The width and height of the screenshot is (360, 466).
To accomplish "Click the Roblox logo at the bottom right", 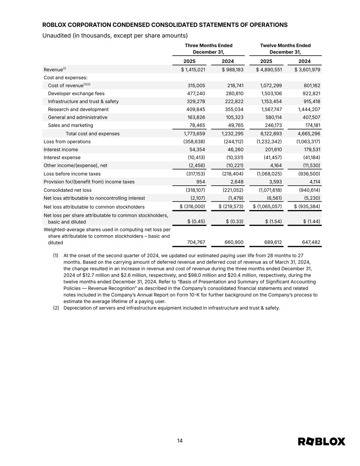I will (321, 441).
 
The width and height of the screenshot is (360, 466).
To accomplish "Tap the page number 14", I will (180, 441).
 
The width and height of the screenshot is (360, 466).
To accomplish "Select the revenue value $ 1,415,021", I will (193, 70).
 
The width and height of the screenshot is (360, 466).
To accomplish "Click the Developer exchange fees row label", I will (76, 94).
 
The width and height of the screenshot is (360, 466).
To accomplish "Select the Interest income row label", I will (61, 150).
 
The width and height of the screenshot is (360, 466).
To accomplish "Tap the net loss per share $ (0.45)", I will (196, 221).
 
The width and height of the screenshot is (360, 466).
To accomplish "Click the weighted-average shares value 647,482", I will (311, 242).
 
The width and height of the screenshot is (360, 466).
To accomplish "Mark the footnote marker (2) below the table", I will (56, 308).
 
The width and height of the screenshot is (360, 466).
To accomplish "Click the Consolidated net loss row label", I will (68, 190).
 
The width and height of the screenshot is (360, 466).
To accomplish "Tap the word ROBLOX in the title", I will (54, 25).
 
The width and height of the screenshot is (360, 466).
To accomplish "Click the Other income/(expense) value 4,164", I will (275, 166).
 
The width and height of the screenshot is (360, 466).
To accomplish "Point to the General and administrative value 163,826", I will (196, 117).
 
